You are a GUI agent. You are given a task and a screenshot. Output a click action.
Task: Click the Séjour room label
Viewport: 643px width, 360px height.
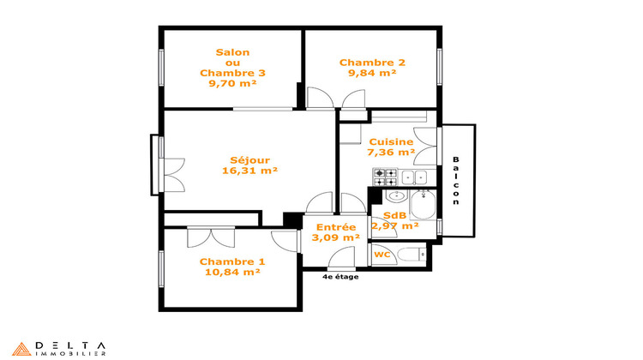(249, 159)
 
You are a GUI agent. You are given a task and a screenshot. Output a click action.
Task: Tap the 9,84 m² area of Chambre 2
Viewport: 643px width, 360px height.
(372, 74)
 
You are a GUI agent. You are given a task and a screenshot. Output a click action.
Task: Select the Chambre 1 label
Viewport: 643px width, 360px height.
(232, 261)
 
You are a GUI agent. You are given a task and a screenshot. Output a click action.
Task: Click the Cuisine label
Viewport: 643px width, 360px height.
(391, 142)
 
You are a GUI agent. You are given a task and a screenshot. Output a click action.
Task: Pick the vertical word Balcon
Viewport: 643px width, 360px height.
(456, 181)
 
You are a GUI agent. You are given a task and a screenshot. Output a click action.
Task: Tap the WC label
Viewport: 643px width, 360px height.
(382, 255)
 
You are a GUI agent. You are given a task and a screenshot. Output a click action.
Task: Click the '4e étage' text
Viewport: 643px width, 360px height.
(340, 277)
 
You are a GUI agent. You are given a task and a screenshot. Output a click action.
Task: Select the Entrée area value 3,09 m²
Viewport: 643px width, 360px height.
(335, 237)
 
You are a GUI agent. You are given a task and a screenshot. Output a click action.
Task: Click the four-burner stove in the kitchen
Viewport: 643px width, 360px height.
(384, 177)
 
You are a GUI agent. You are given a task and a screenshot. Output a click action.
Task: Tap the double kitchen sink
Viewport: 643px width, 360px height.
(415, 177)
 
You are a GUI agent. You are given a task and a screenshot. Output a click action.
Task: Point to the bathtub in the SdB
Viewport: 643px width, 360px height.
(424, 207)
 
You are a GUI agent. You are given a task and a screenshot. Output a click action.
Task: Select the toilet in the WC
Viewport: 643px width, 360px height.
(414, 255)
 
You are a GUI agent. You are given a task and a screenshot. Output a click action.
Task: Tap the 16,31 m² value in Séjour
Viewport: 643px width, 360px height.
(249, 171)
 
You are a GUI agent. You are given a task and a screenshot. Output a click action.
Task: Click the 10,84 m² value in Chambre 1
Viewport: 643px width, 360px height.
(232, 273)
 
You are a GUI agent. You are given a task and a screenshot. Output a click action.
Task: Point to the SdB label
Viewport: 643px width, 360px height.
(394, 216)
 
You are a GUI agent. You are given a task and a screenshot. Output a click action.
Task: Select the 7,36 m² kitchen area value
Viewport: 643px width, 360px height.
(391, 153)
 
